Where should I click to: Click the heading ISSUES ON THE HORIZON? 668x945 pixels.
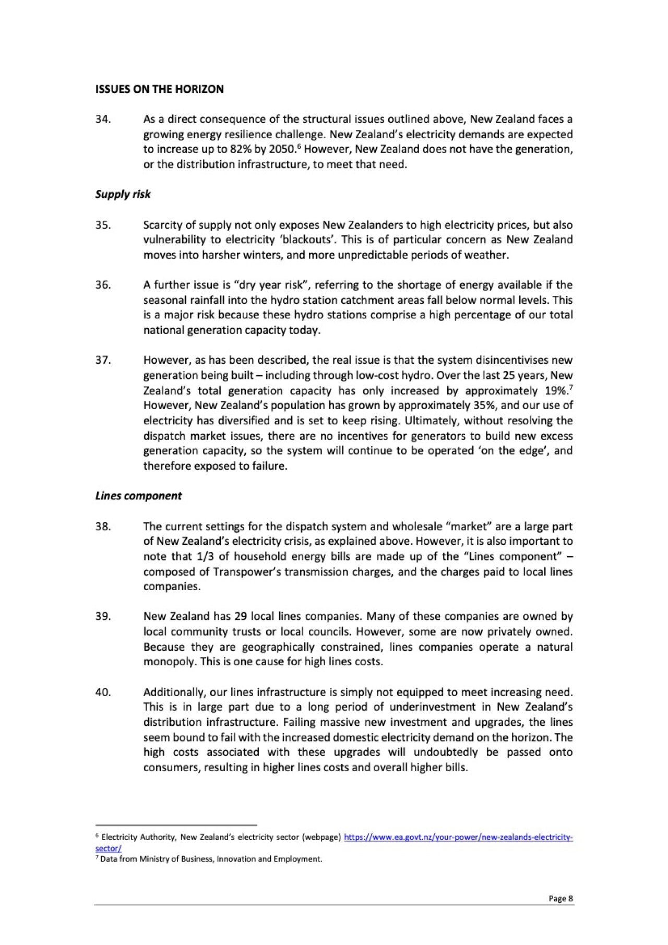pos(159,89)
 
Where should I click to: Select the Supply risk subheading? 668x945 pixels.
pos(123,194)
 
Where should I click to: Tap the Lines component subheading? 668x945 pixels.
pos(138,496)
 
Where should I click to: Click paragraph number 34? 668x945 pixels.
pos(103,119)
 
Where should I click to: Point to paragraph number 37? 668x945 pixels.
pos(103,360)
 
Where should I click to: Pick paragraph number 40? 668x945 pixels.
pos(103,692)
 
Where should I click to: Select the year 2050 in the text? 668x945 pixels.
pos(282,149)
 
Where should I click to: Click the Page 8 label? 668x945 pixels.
pos(560,899)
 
